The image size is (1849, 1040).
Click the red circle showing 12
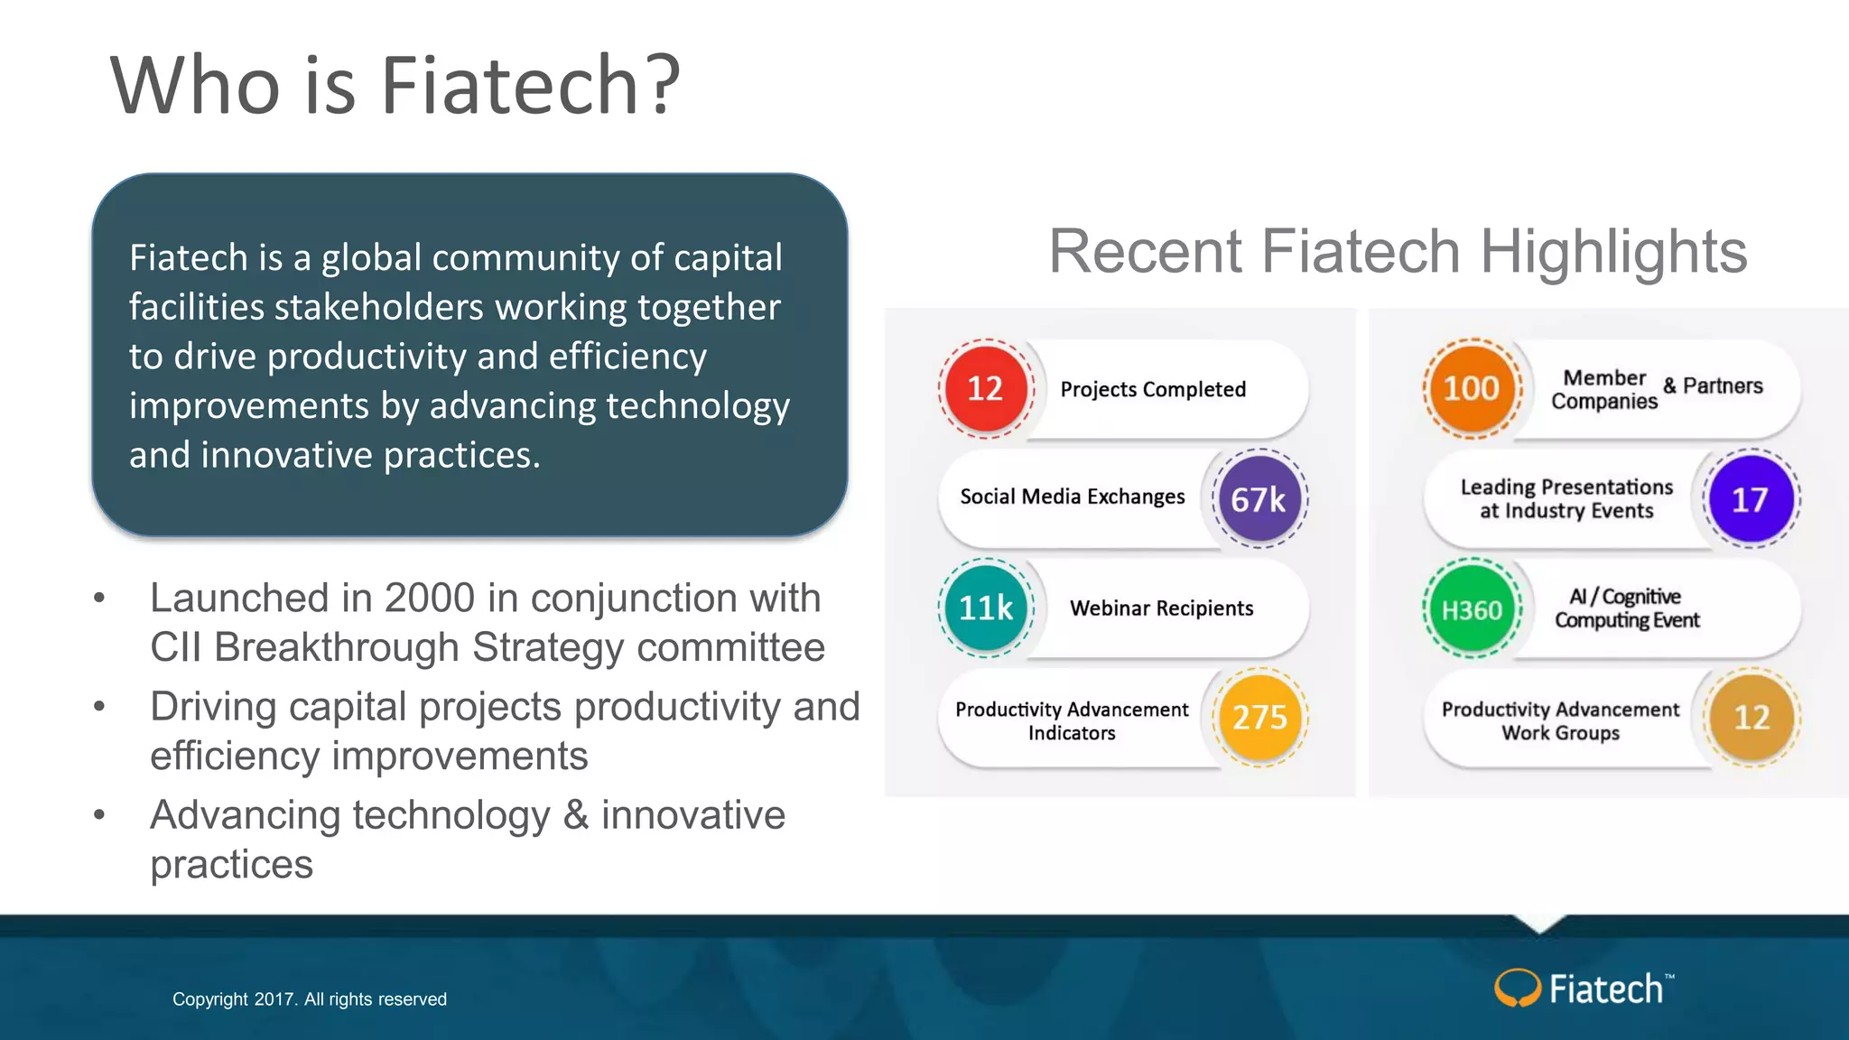coord(985,389)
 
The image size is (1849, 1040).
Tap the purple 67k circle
coord(1259,499)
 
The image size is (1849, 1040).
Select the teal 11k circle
coord(986,608)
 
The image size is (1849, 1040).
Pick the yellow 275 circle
coord(1259,718)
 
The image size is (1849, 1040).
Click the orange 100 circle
coord(1472,389)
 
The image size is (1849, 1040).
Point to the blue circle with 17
coord(1751,499)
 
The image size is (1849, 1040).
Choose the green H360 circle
coord(1472,609)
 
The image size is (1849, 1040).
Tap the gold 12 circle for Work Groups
coord(1751,718)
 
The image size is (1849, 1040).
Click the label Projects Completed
coord(1153,389)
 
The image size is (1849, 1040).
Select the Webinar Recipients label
coord(1161,608)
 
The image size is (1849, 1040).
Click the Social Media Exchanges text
coord(1072,497)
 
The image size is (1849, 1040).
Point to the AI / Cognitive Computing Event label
coord(1626,608)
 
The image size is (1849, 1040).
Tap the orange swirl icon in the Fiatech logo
coord(1517,988)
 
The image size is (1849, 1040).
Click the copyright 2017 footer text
coord(310,999)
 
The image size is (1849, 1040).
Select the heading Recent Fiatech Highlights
coord(1397,251)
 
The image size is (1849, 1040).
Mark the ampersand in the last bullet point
coord(576,815)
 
